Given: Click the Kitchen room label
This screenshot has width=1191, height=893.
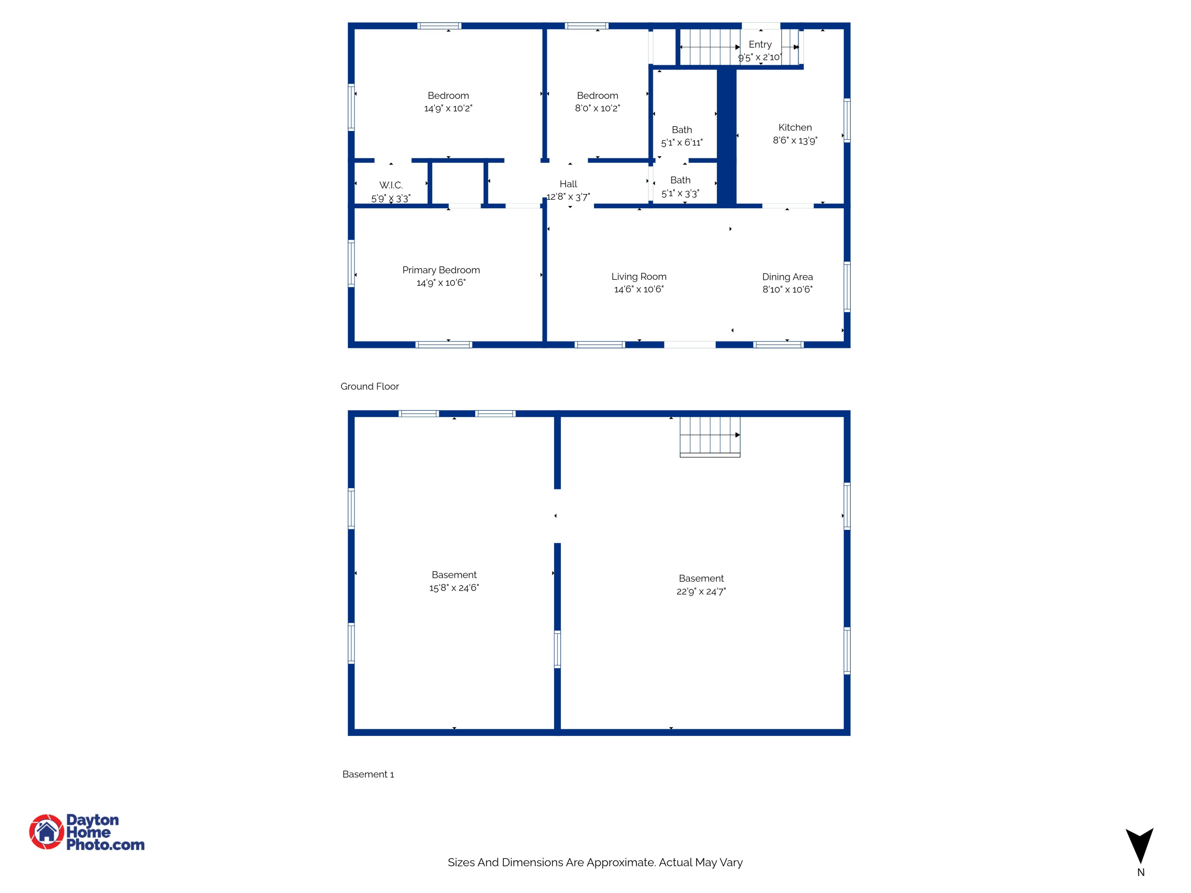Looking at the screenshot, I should point(795,127).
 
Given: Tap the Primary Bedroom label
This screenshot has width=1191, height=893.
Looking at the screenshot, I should point(441,270).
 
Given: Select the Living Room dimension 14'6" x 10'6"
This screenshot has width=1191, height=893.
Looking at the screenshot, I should point(638,290).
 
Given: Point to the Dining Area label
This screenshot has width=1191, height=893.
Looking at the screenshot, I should point(787,277).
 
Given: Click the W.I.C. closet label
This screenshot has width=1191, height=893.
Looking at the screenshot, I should point(391,185).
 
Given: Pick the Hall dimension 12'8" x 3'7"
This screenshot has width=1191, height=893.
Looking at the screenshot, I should point(568,197).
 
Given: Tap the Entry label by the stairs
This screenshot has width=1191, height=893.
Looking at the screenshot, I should point(760,45).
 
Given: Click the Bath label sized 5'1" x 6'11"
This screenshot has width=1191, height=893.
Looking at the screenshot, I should point(682,130).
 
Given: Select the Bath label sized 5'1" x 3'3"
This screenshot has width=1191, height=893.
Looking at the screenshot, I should point(680,180).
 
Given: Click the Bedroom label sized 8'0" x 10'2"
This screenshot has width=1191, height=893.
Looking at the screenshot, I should point(597,96).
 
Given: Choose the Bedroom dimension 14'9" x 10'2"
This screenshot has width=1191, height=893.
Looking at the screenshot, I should point(448,108).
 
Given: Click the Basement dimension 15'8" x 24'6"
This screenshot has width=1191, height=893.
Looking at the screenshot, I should point(454,588).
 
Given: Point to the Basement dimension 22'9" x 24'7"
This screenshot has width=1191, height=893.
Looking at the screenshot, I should point(701,592).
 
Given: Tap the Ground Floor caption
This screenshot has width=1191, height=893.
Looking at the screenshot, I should point(369,387).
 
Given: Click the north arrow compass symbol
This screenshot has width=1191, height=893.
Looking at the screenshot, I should point(1139,846).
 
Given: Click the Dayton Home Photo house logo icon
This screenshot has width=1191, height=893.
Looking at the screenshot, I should point(47,831).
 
